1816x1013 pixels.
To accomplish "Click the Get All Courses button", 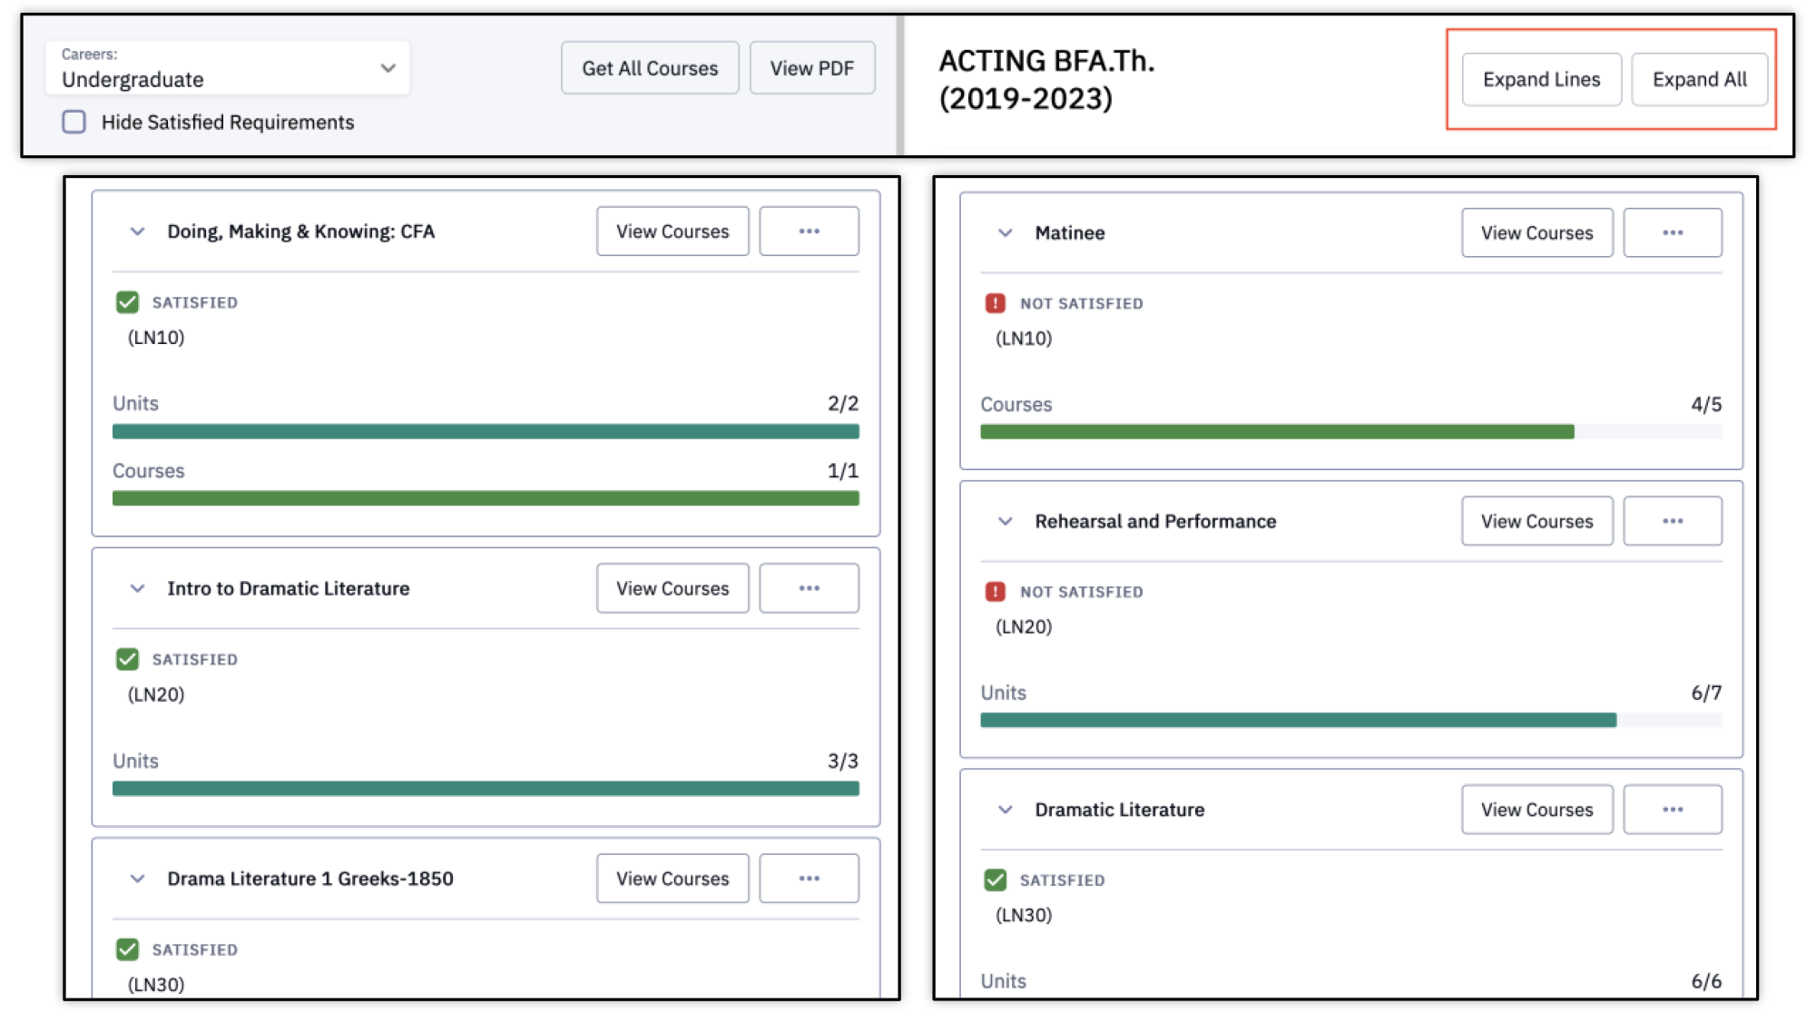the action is pyautogui.click(x=650, y=68).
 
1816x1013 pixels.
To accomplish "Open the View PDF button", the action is pyautogui.click(x=812, y=68).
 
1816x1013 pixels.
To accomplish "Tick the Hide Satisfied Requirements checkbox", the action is pyautogui.click(x=74, y=122).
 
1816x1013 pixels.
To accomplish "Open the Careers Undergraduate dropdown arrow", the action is pyautogui.click(x=388, y=68).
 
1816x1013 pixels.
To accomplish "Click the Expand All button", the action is pyautogui.click(x=1699, y=80).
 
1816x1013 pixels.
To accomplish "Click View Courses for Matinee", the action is pyautogui.click(x=1536, y=233).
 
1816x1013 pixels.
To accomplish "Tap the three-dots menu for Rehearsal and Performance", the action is pyautogui.click(x=1673, y=521).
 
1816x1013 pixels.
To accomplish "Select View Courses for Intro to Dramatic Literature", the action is pyautogui.click(x=672, y=588).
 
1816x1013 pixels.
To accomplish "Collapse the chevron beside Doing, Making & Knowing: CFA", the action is pyautogui.click(x=138, y=231).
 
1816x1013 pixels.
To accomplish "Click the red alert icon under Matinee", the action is pyautogui.click(x=996, y=303).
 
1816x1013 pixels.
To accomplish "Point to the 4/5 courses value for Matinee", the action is pyautogui.click(x=1706, y=404).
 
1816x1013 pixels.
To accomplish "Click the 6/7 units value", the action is pyautogui.click(x=1706, y=693).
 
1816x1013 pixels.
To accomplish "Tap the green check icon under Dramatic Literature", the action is pyautogui.click(x=996, y=880).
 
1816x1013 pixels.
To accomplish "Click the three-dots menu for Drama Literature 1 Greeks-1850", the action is pyautogui.click(x=809, y=879).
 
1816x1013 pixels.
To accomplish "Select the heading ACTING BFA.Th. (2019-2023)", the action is pyautogui.click(x=1046, y=79).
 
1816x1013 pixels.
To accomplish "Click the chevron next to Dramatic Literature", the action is pyautogui.click(x=1006, y=810).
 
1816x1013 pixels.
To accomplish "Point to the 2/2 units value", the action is pyautogui.click(x=843, y=403).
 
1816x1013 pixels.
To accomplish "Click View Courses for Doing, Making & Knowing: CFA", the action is pyautogui.click(x=672, y=231).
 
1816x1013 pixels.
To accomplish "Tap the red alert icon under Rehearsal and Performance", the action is pyautogui.click(x=996, y=592).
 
